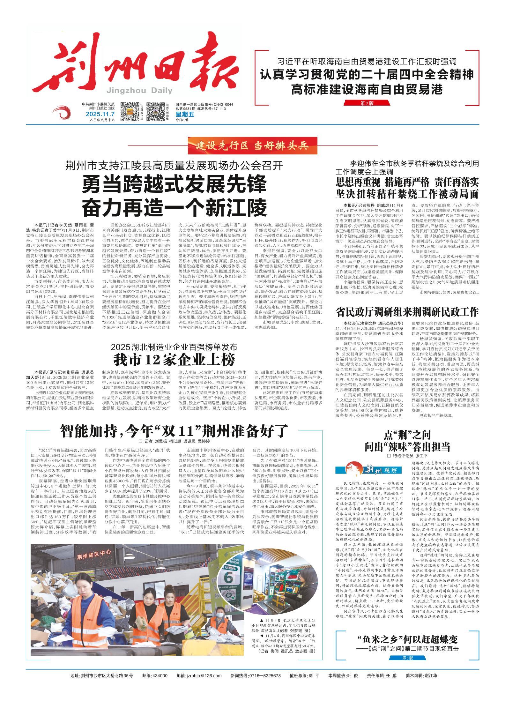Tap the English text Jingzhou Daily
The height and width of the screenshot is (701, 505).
tap(140, 91)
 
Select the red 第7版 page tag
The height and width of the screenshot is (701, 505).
tap(367, 103)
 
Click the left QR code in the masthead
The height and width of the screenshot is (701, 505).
tap(130, 111)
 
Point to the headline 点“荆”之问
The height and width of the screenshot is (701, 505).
tap(407, 435)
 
